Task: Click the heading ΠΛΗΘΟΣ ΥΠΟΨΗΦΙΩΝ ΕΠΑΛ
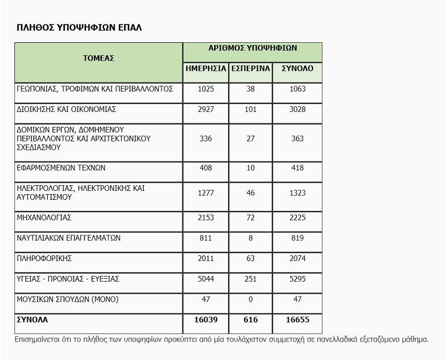tap(79, 27)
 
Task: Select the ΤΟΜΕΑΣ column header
tap(98, 58)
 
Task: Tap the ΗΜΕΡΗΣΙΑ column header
tap(206, 68)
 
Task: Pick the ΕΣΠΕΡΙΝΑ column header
tap(250, 68)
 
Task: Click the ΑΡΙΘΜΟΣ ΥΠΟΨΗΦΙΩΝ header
tap(252, 48)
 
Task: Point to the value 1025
tap(206, 88)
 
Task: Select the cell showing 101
tap(250, 109)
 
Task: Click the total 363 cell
tap(297, 139)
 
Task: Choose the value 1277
tap(206, 193)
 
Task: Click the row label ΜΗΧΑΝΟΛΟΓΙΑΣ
tap(44, 217)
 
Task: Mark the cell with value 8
tap(250, 238)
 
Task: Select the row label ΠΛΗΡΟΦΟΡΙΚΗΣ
tap(45, 259)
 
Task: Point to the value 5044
tap(206, 279)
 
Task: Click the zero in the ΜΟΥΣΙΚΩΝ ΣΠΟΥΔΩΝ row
tap(250, 299)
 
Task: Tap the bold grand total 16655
tap(297, 320)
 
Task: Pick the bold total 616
tap(250, 320)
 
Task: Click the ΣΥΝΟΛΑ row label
tap(33, 320)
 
